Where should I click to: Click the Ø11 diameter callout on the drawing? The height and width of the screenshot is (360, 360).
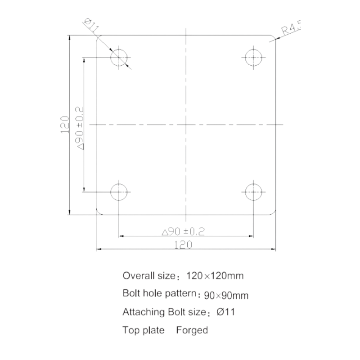pos(92,25)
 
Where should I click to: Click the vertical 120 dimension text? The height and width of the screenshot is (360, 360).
pos(65,125)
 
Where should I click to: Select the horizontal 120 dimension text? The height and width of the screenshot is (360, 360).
pos(183,245)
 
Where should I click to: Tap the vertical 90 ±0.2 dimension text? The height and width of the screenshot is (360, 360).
pos(80,128)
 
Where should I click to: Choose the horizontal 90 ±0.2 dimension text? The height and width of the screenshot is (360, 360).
pos(183,231)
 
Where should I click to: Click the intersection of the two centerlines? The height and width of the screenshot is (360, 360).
pos(186,125)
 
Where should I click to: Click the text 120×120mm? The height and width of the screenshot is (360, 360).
pos(215,275)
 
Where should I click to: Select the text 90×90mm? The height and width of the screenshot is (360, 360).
pos(226,295)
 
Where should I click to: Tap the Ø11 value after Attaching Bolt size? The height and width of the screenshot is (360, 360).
pos(226,312)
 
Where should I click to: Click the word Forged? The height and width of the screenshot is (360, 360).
pos(192,330)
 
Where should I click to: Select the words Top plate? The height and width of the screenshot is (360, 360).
pos(144,331)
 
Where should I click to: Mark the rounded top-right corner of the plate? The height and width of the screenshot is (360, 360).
pos(274,37)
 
